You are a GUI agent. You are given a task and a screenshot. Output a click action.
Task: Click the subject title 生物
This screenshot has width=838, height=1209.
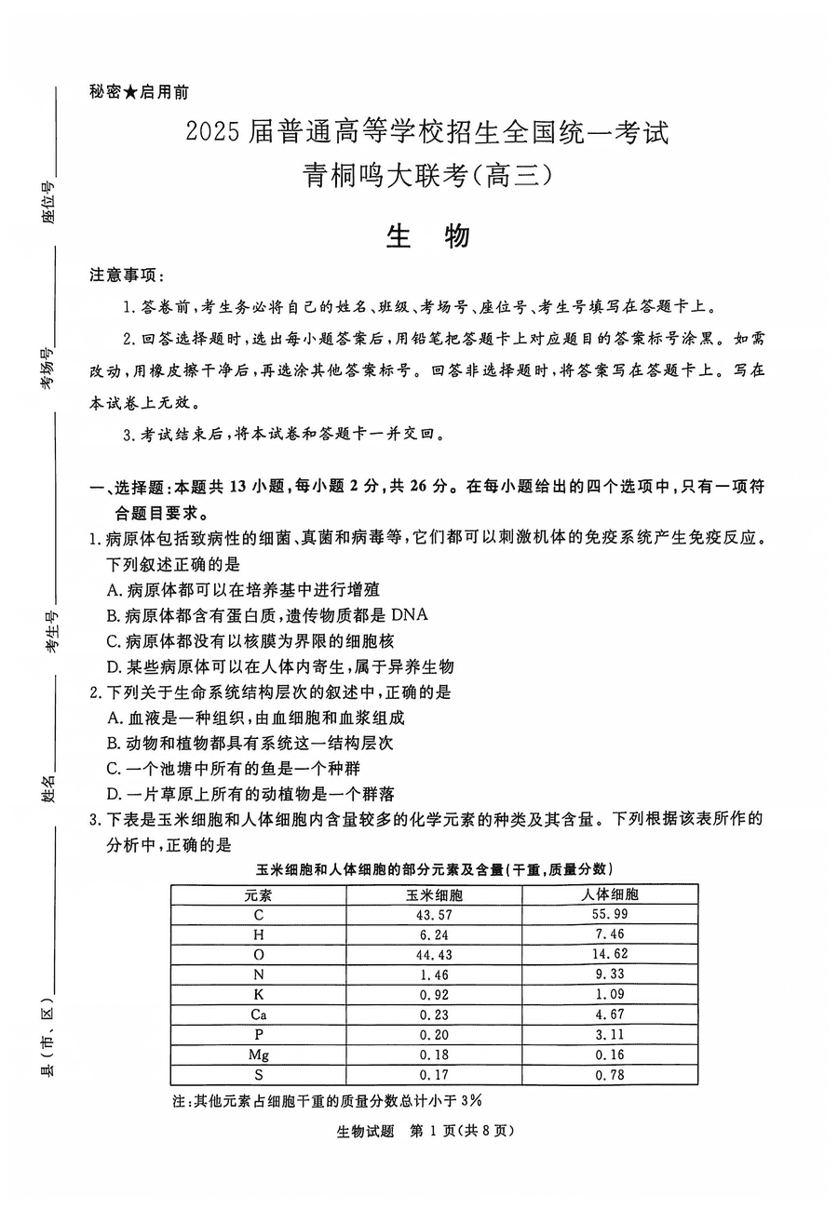click(427, 237)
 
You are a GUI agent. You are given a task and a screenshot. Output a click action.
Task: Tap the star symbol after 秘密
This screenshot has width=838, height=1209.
click(131, 91)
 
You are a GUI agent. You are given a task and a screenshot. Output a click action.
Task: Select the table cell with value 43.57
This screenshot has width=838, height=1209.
click(434, 915)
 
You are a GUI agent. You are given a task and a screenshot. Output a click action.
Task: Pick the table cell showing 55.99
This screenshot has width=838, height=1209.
click(609, 915)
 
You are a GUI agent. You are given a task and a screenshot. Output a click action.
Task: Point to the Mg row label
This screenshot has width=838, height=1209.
click(258, 1055)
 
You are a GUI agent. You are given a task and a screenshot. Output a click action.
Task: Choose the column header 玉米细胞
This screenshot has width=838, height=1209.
click(434, 894)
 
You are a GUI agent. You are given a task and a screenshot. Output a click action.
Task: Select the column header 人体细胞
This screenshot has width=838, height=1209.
click(609, 894)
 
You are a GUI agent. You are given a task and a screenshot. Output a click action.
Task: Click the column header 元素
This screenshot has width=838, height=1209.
click(258, 894)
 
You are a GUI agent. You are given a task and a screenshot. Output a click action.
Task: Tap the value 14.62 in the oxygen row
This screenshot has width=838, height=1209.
click(609, 955)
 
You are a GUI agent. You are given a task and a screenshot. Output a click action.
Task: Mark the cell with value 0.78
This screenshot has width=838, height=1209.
click(609, 1076)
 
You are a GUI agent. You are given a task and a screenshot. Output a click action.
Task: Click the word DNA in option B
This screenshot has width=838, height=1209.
click(409, 614)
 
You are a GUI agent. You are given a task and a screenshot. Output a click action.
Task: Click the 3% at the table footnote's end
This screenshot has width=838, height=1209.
click(471, 1100)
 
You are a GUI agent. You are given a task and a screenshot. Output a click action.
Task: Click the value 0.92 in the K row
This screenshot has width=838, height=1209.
click(434, 995)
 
